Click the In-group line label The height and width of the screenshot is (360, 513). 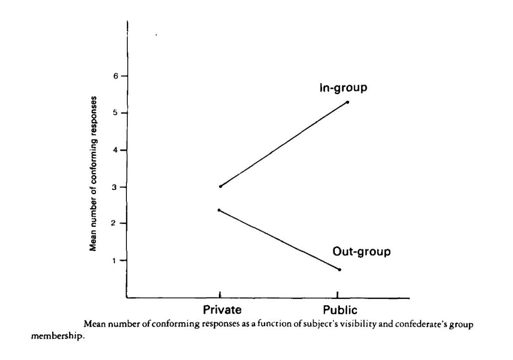(343, 89)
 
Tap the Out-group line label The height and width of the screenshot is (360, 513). (361, 252)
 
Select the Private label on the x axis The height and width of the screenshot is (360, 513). (222, 310)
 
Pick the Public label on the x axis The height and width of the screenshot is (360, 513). (340, 310)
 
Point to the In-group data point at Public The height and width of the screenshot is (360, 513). (347, 102)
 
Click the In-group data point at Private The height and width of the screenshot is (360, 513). (220, 186)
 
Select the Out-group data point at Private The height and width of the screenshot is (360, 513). (219, 210)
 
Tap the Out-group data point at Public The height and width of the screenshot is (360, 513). (339, 270)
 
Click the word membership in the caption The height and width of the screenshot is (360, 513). (55, 336)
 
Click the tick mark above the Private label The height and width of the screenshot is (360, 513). (220, 295)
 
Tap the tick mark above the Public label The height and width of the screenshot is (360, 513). (339, 295)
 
